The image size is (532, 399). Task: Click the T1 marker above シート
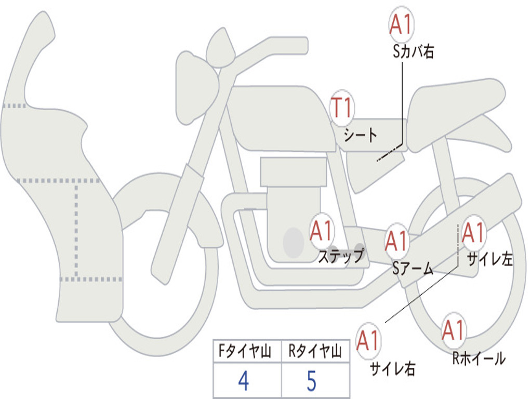click(342, 109)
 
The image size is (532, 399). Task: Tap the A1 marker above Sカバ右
click(401, 25)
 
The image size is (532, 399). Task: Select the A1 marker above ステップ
click(322, 231)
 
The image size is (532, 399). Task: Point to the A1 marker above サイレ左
click(473, 233)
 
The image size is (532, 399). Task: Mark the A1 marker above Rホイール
click(454, 330)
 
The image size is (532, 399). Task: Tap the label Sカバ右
click(414, 51)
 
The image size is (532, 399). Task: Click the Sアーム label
click(413, 269)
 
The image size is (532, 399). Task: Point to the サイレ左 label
click(490, 259)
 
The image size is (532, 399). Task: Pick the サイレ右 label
click(392, 368)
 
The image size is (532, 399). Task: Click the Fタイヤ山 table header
click(244, 352)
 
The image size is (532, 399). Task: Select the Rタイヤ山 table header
click(314, 352)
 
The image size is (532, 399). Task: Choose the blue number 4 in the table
click(243, 381)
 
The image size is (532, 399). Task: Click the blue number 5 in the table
click(312, 381)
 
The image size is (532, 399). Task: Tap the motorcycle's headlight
click(196, 86)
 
